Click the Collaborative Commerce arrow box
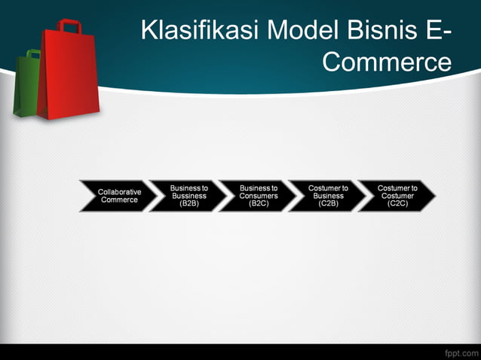116,196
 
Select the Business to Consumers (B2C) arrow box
256,196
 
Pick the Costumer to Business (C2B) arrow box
326,196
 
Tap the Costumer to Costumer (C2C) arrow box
395,196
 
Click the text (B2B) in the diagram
188,203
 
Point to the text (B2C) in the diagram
259,203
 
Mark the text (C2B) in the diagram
328,203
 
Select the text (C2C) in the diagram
397,203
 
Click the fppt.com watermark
460,352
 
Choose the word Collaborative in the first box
119,192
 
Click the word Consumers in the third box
259,196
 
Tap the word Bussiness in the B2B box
188,196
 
